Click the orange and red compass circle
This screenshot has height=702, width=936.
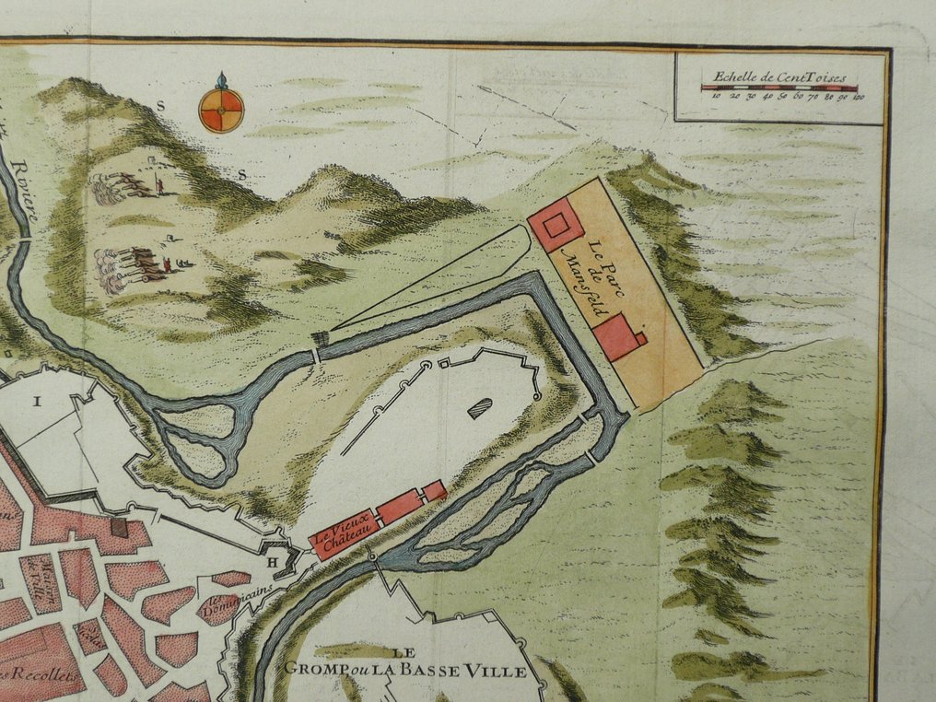pyautogui.click(x=221, y=110)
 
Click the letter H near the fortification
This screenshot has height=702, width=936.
pyautogui.click(x=273, y=563)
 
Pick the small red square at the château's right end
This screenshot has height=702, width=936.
pyautogui.click(x=435, y=491)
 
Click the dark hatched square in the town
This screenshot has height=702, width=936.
pyautogui.click(x=118, y=527)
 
